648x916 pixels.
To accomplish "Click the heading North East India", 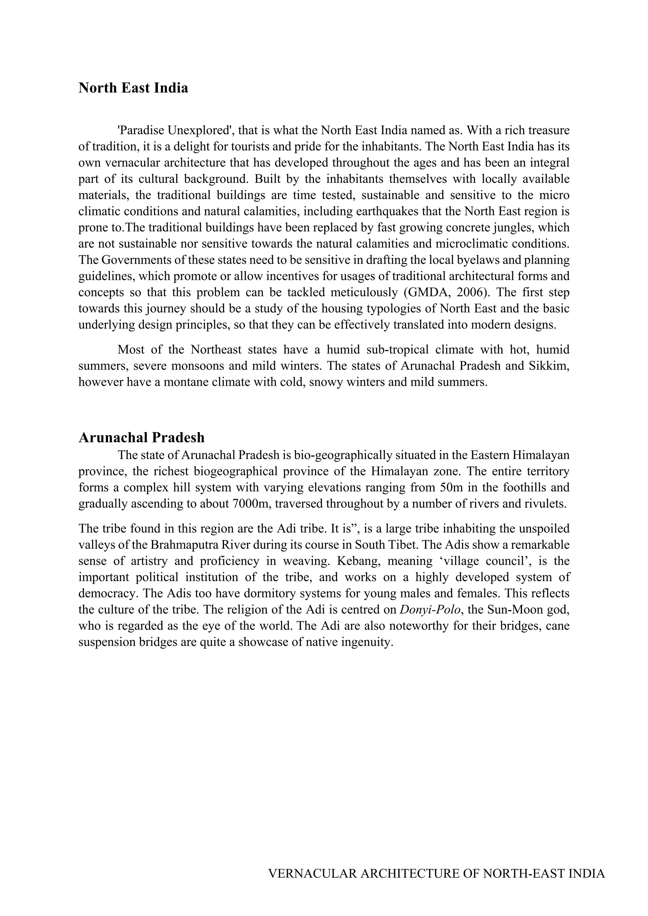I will pos(133,88).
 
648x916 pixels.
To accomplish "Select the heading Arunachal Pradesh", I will pos(141,438).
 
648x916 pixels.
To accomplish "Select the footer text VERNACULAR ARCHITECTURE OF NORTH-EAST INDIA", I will pos(436,874).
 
